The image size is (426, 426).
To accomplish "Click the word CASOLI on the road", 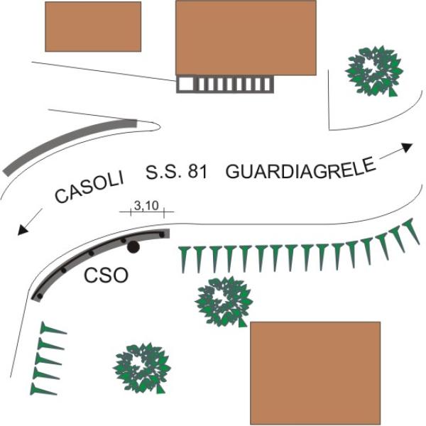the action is pos(89,187).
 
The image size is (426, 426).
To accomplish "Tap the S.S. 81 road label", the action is pos(177,172).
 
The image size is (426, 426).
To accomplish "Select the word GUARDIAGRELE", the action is pos(301,169).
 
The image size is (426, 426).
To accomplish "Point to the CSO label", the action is pos(106,275).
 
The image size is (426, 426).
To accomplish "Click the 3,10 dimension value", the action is pos(146,206).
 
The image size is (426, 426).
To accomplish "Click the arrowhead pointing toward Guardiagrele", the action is pos(407,147).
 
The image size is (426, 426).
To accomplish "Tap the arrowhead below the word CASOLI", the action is pos(23,230).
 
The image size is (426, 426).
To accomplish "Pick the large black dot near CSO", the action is pos(133,247).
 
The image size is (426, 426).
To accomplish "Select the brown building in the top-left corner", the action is pos(93,27).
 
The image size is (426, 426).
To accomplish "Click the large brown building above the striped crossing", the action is pos(246,38).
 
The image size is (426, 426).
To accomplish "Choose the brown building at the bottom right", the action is pos(315,373).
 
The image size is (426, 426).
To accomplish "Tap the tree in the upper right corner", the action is pos(374,71).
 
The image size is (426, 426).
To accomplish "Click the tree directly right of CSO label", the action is pos(224,301).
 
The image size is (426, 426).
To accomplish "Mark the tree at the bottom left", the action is pos(142,368).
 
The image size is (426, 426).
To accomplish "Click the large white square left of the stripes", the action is pos(186,84).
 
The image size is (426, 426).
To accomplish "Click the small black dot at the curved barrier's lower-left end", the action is pos(40,296).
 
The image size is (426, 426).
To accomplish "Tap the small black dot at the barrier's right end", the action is pos(162,234).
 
